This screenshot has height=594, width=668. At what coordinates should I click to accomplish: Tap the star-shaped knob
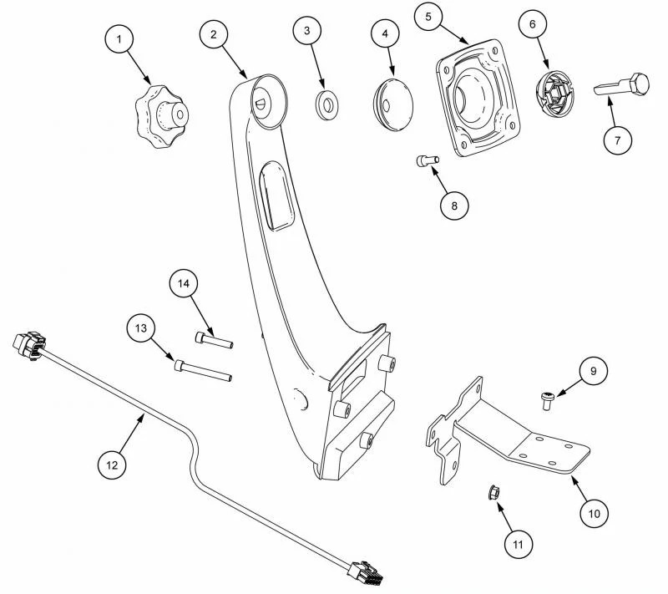(160, 113)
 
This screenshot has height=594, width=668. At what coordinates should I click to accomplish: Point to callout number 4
(384, 34)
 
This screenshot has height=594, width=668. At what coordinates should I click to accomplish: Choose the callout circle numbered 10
(594, 510)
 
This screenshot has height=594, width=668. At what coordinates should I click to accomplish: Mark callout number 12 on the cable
(112, 462)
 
